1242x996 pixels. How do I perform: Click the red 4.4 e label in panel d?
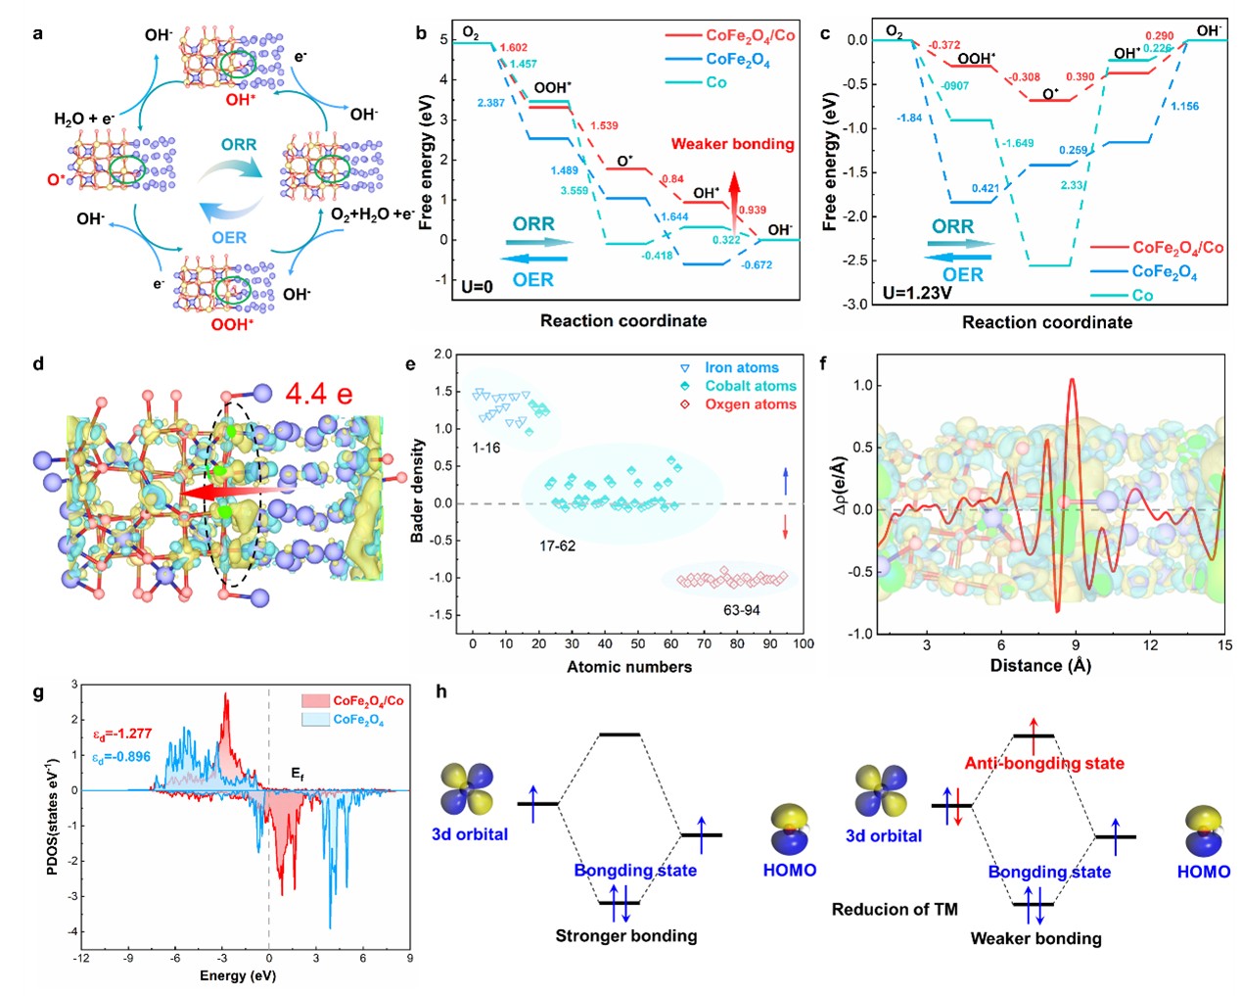point(319,395)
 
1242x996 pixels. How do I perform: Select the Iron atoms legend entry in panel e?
point(741,367)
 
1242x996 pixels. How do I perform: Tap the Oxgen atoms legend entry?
point(750,403)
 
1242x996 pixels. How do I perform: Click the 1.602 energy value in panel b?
point(514,48)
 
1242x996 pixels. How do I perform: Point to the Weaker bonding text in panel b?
point(732,144)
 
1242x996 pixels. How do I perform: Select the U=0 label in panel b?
point(477,287)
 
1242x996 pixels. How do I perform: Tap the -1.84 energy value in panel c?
point(909,118)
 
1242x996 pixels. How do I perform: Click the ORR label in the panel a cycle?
point(239,145)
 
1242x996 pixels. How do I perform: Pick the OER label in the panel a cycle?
point(229,237)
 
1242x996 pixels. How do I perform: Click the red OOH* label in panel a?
point(232,324)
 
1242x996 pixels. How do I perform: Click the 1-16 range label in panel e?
point(485,448)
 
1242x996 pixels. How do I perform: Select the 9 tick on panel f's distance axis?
point(1076,644)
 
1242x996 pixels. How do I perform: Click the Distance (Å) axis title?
point(1040,666)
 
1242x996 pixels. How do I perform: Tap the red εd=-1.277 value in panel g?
point(122,734)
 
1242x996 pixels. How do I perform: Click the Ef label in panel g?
point(298,774)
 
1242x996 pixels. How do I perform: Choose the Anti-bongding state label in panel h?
point(1044,763)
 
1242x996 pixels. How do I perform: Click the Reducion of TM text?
point(895,909)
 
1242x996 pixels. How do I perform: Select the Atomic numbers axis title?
point(629,667)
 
